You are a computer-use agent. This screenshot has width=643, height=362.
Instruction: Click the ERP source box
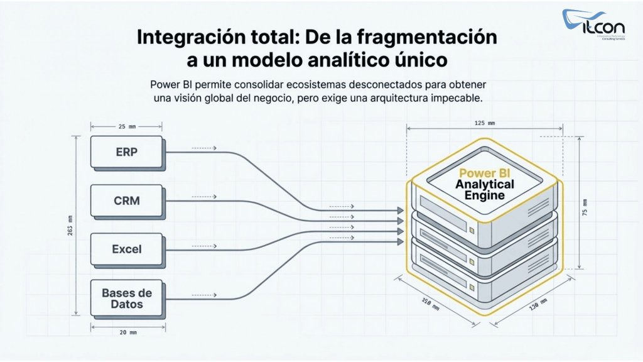(127, 152)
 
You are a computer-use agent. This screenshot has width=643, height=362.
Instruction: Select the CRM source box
(127, 201)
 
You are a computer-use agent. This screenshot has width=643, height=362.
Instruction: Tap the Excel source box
(127, 249)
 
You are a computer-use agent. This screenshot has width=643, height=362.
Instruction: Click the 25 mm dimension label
(127, 126)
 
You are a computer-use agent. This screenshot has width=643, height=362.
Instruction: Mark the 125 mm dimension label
(484, 123)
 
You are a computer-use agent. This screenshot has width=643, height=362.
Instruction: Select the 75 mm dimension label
(585, 207)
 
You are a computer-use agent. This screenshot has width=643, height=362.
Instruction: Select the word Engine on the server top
(484, 195)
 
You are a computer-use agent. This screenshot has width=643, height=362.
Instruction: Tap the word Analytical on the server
(484, 184)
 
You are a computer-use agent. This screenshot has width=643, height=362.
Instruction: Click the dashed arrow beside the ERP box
(205, 148)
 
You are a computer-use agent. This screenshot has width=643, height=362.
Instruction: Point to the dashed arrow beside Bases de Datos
(205, 293)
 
